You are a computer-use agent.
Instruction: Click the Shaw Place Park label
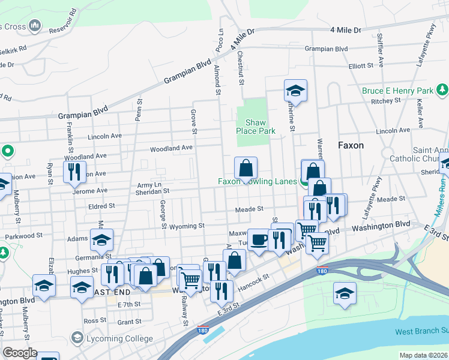click(256, 126)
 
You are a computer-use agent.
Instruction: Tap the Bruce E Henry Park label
click(398, 91)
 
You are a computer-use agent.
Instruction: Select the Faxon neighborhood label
click(351, 145)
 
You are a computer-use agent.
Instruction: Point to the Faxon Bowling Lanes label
click(259, 181)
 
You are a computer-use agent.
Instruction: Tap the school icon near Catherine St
click(295, 91)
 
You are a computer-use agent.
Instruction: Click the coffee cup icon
click(259, 241)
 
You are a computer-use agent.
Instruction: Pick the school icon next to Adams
click(102, 240)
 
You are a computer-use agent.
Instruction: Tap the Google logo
click(20, 353)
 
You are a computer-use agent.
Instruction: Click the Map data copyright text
click(423, 355)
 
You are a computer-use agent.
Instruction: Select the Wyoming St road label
click(187, 226)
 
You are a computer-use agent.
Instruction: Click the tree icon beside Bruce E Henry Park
click(442, 89)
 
